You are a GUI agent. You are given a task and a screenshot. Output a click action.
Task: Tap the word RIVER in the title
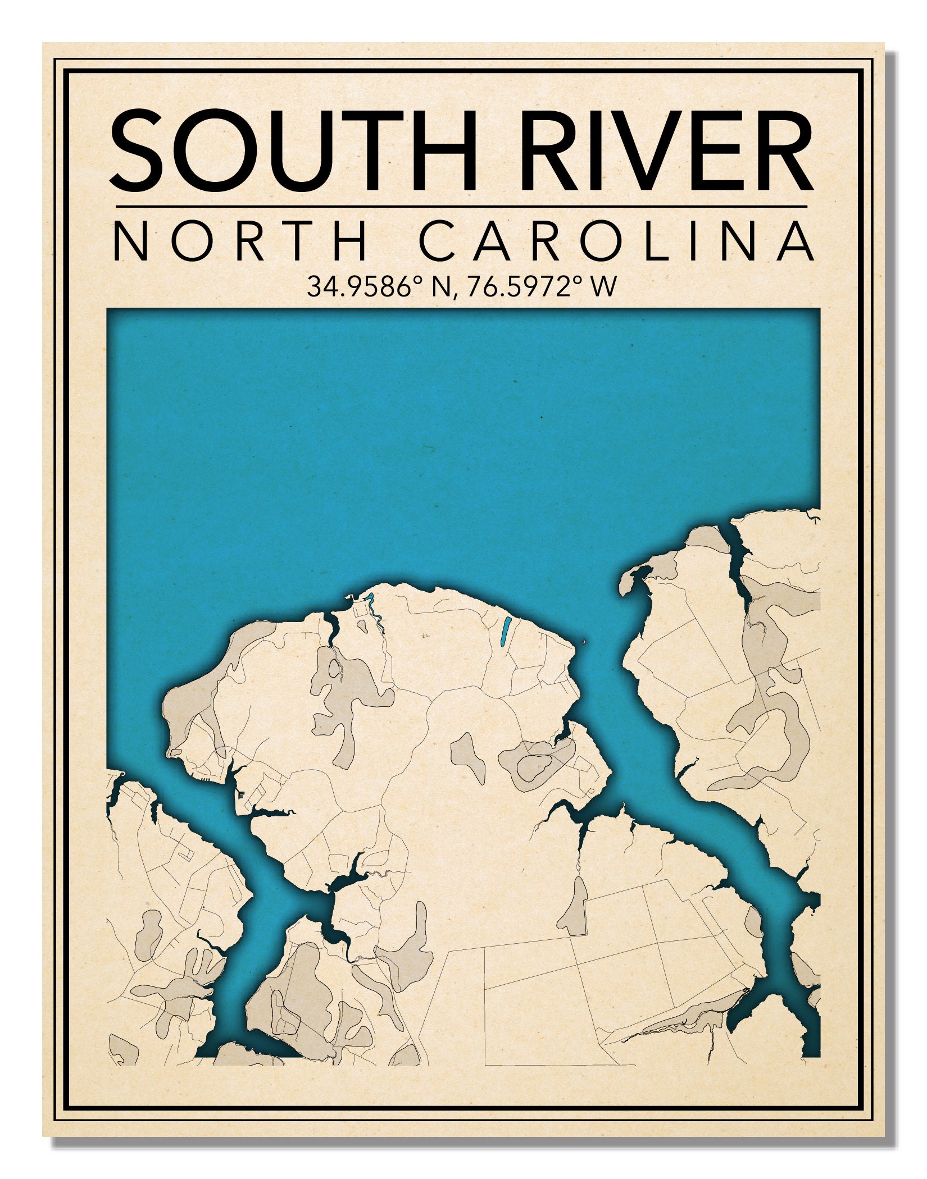pyautogui.click(x=666, y=152)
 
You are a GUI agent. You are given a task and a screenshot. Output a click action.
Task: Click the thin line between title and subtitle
pyautogui.click(x=461, y=207)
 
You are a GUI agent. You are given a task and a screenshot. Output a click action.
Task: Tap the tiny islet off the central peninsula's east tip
pyautogui.click(x=585, y=642)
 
